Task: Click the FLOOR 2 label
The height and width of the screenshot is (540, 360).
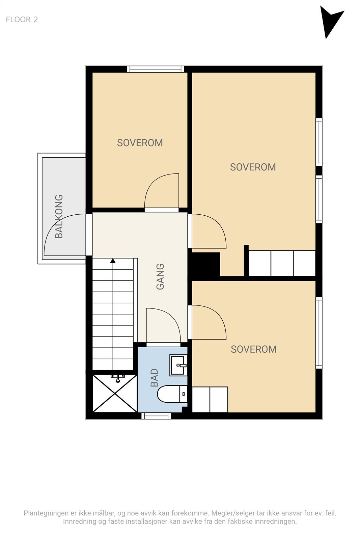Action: pos(22,20)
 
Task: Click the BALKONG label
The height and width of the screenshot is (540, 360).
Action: pos(59,216)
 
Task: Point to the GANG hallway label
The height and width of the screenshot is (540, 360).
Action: pos(160,276)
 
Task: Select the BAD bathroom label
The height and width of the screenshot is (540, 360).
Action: pos(154,378)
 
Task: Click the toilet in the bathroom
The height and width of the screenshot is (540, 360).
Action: pos(172,394)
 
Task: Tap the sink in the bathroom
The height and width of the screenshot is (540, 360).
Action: pos(178,365)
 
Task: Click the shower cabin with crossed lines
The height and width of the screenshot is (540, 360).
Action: pos(115,393)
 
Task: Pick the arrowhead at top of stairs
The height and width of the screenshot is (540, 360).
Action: pos(113,261)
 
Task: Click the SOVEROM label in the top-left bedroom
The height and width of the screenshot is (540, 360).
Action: pos(140,143)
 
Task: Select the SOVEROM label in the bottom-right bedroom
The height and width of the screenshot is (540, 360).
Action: pos(254,349)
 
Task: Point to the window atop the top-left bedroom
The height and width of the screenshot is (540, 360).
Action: pos(156,69)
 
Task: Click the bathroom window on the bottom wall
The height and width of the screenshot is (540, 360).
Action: pos(156,416)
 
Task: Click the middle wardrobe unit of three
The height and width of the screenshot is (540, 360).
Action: pos(282,263)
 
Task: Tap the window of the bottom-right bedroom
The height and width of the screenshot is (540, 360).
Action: pos(319,333)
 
